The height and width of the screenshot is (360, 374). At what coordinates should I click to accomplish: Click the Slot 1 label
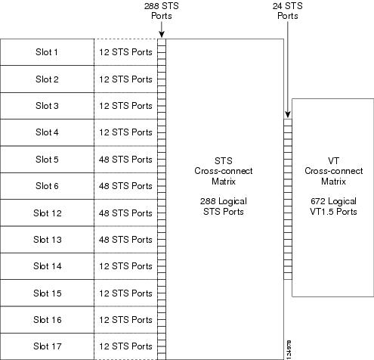click(47, 52)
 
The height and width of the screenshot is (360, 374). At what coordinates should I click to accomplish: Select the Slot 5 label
click(47, 160)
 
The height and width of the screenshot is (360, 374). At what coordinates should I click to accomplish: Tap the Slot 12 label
click(48, 213)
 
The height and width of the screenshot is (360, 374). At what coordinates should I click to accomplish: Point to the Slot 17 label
click(48, 346)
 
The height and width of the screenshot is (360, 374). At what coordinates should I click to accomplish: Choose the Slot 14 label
click(48, 266)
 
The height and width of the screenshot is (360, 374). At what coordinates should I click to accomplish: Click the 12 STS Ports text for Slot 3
click(125, 106)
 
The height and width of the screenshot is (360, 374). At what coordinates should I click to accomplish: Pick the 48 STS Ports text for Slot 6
click(125, 186)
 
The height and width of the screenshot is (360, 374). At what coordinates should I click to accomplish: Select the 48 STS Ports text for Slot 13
click(125, 240)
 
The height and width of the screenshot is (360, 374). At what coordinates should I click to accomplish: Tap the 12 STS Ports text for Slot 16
click(125, 320)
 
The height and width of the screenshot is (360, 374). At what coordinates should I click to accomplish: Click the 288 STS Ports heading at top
click(162, 11)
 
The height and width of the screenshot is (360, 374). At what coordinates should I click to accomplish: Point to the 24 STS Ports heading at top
click(288, 11)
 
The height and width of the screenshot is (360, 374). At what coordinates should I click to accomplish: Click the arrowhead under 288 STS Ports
click(162, 35)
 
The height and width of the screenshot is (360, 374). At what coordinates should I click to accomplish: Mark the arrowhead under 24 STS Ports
click(288, 114)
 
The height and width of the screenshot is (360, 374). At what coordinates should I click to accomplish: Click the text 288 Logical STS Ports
click(224, 206)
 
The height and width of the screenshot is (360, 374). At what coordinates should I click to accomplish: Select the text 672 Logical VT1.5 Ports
click(333, 206)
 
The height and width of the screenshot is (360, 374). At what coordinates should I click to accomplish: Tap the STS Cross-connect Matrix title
click(224, 171)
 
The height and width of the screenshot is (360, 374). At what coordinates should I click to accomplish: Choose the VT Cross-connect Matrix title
click(334, 171)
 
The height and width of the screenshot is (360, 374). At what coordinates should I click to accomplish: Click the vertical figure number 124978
click(289, 349)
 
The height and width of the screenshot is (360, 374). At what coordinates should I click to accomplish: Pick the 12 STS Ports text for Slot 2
click(125, 79)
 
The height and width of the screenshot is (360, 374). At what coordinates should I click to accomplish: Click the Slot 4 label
click(47, 132)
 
